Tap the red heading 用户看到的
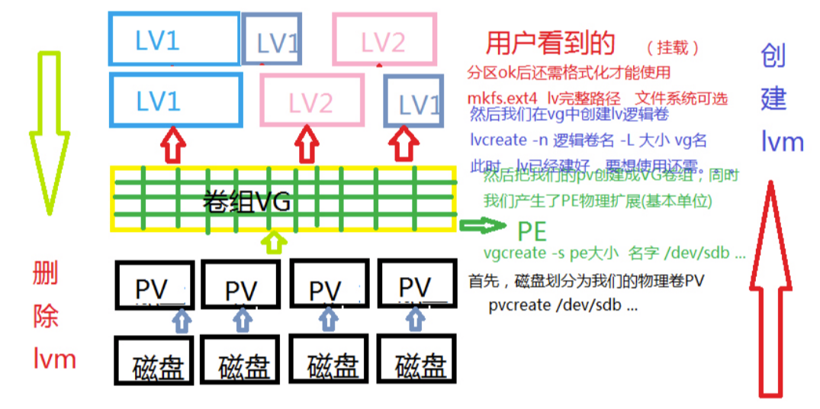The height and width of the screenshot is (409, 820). click(550, 43)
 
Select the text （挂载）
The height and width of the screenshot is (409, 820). click(673, 47)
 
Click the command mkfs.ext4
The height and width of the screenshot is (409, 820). click(503, 98)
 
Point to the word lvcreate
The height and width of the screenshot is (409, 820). click(499, 140)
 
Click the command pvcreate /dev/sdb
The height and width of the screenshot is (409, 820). click(563, 305)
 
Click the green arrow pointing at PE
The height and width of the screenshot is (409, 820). click(483, 225)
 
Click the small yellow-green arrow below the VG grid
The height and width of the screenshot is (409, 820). click(272, 243)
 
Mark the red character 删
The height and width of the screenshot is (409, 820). click(46, 273)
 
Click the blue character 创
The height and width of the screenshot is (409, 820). click(773, 56)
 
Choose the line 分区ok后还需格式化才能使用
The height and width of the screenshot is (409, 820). click(568, 72)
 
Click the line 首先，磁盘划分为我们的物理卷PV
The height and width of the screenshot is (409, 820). click(585, 281)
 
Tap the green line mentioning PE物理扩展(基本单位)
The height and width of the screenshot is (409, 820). click(597, 201)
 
